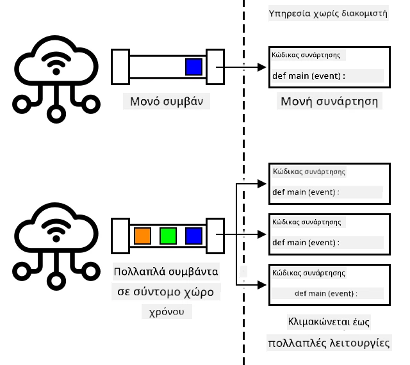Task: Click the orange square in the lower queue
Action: point(142,236)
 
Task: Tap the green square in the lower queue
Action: point(168,236)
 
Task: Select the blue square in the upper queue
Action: point(193,67)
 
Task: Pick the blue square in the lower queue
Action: point(193,236)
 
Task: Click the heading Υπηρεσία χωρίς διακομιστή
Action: point(328,13)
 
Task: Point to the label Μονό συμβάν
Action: point(167,101)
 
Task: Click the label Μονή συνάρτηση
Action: point(329,101)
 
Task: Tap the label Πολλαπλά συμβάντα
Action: point(166,272)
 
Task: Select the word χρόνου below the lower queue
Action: point(167,312)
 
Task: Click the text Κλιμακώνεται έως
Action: point(329,321)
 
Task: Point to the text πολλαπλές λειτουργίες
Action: point(329,343)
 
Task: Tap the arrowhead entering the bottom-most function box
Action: point(262,285)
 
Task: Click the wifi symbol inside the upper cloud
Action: point(56,64)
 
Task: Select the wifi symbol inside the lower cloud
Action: point(56,231)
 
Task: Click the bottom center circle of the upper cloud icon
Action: point(56,114)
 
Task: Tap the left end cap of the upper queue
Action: point(120,67)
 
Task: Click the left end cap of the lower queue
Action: point(120,236)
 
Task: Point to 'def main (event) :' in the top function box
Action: point(309,76)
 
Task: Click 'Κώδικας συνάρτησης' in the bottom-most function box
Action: point(309,273)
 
